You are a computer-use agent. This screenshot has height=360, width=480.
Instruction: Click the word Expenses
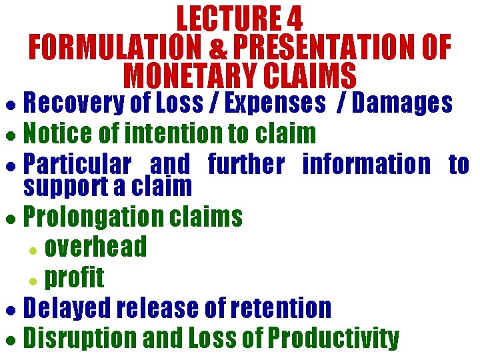(275, 104)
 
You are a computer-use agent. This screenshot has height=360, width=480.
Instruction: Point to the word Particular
(77, 164)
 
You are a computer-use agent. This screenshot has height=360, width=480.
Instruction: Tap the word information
(367, 164)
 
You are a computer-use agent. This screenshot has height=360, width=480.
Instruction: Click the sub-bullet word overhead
(95, 247)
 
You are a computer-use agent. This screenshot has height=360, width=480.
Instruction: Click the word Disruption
(81, 337)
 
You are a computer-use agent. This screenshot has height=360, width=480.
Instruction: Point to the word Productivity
(333, 337)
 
